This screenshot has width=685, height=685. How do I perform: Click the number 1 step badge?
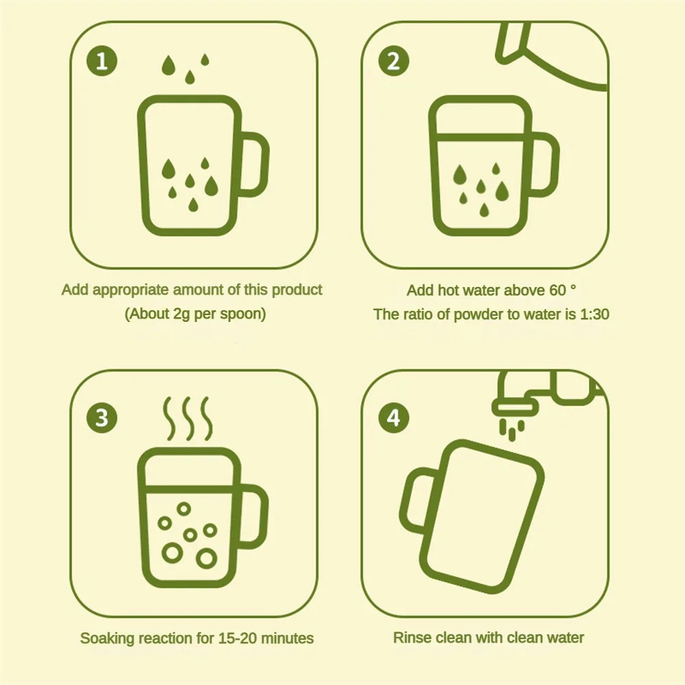(102, 61)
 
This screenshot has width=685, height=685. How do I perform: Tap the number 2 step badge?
(394, 61)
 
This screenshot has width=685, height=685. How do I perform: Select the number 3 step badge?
(102, 417)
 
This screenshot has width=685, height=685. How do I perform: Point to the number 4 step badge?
(394, 417)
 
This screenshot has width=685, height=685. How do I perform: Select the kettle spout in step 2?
(512, 42)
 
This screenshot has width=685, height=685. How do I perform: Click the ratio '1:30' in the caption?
(594, 314)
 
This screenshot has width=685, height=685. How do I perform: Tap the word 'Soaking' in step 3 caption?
(108, 638)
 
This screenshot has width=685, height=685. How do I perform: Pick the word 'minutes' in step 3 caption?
(288, 638)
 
